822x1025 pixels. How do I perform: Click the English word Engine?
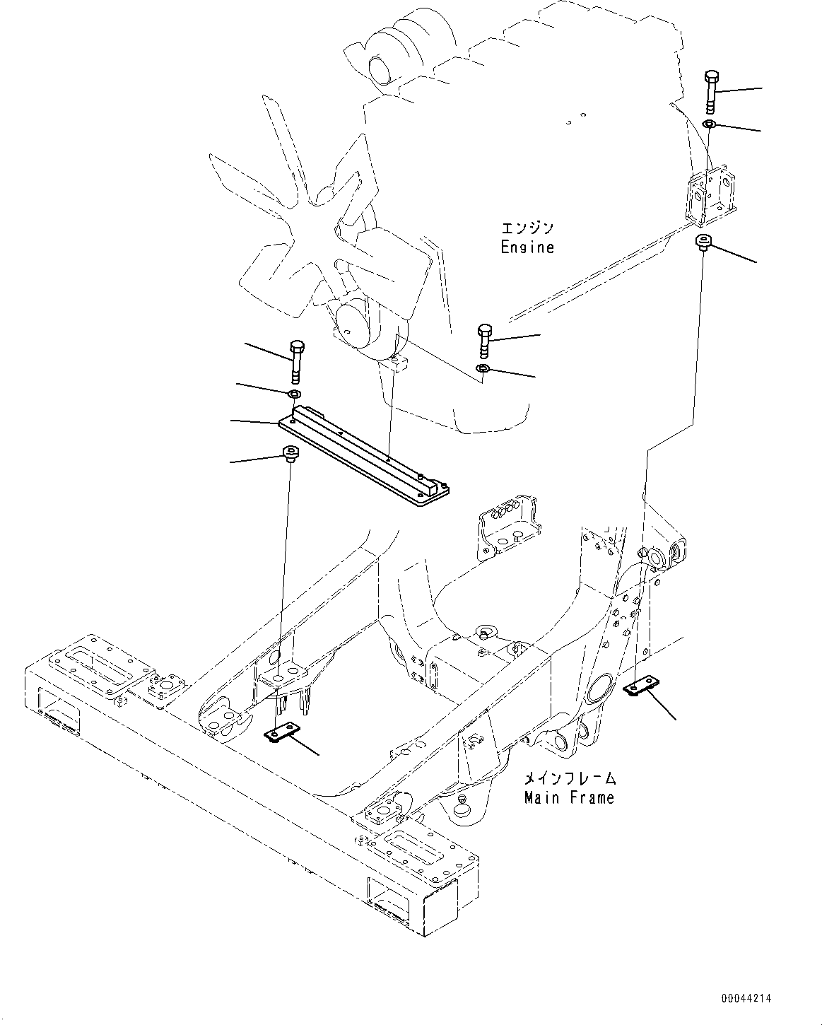(527, 247)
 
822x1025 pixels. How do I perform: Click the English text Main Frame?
(569, 797)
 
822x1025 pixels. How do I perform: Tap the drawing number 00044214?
(746, 998)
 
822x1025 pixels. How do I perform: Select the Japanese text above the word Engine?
(527, 228)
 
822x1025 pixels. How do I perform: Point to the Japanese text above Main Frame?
(569, 778)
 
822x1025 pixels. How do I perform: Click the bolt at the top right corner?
(712, 90)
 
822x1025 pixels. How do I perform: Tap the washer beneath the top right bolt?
(710, 125)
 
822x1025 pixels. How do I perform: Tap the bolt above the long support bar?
(297, 359)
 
